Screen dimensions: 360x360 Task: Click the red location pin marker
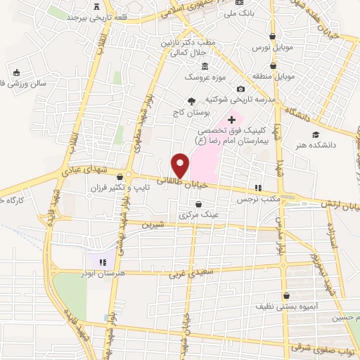(181, 165)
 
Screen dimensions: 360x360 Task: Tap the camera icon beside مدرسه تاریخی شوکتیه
(240, 89)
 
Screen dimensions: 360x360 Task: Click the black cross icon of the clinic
(231, 120)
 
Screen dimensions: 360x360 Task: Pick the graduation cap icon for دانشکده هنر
(316, 134)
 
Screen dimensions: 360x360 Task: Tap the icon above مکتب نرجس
(258, 188)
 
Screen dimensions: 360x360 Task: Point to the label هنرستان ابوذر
(103, 270)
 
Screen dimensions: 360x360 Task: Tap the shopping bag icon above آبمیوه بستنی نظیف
(286, 295)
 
